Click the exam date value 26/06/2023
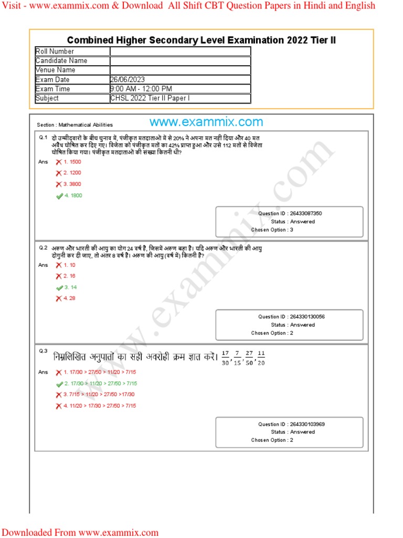click(x=128, y=79)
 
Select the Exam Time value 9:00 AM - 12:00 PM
click(x=141, y=89)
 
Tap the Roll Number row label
click(x=55, y=51)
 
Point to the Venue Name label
click(x=55, y=70)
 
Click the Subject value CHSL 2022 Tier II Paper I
click(x=150, y=98)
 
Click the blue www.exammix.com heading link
click(x=206, y=122)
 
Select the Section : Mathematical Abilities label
click(x=75, y=125)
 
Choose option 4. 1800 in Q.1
click(x=73, y=195)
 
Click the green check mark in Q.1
click(x=59, y=196)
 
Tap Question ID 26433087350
click(x=290, y=214)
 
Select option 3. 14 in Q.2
click(x=70, y=287)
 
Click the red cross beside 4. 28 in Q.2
click(x=59, y=298)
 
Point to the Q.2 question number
click(x=43, y=247)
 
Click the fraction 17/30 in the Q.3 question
click(x=226, y=357)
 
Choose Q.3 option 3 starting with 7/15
click(x=99, y=395)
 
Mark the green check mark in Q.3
click(x=59, y=384)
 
